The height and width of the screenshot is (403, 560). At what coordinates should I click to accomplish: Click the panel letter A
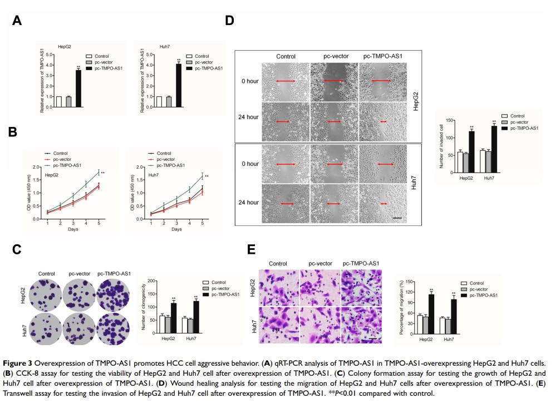pyautogui.click(x=18, y=21)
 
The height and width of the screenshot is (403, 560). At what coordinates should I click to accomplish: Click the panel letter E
pyautogui.click(x=252, y=248)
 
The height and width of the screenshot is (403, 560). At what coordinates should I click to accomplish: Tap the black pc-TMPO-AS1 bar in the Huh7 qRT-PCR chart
pyautogui.click(x=179, y=88)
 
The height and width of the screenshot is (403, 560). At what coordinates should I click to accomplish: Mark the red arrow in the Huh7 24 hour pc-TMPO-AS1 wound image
pyautogui.click(x=384, y=204)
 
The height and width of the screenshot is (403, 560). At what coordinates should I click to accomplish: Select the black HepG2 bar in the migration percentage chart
pyautogui.click(x=431, y=314)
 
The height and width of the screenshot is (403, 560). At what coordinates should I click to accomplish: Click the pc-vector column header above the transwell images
pyautogui.click(x=320, y=263)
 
